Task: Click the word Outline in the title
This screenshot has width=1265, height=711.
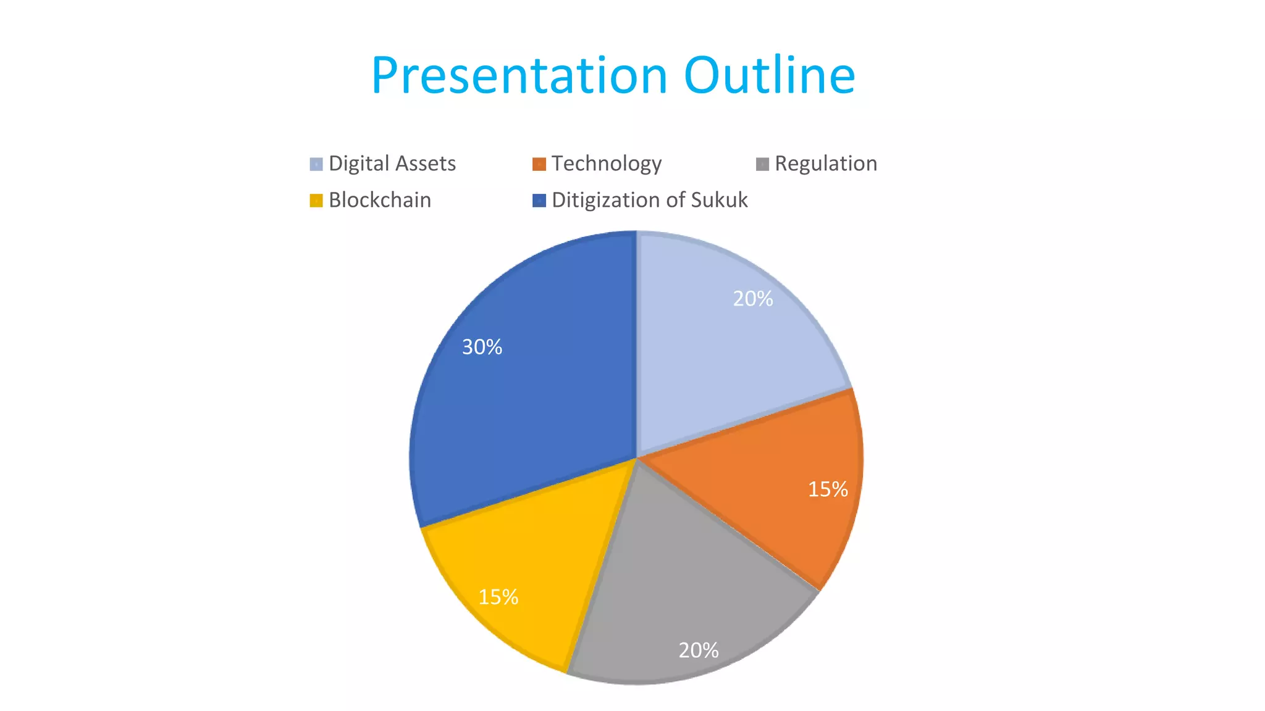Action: (x=769, y=76)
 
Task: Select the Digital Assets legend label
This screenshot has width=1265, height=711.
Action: (x=392, y=164)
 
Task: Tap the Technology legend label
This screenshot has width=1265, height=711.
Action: (x=606, y=164)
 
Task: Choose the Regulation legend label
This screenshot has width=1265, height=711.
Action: (x=825, y=164)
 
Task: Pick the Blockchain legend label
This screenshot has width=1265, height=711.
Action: (x=379, y=200)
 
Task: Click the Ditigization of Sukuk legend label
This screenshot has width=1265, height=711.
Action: (x=649, y=200)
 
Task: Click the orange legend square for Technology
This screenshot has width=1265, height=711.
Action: (x=539, y=164)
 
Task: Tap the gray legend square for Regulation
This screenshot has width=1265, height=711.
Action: (x=762, y=164)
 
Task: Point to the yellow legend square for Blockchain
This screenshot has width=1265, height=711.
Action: (x=316, y=201)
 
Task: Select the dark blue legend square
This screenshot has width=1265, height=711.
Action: (x=539, y=201)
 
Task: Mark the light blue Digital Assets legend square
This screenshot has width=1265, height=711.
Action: (x=316, y=164)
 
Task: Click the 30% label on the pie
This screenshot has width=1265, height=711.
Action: (x=482, y=347)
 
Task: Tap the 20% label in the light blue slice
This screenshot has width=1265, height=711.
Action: (x=752, y=299)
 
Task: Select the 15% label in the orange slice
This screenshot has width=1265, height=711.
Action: (x=828, y=489)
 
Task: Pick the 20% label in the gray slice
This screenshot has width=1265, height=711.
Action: (x=698, y=650)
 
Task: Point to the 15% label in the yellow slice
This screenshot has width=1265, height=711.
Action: (x=498, y=597)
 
